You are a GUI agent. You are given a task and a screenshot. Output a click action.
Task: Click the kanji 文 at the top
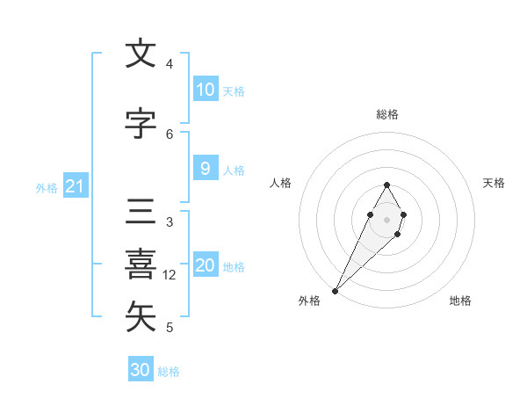[141, 54]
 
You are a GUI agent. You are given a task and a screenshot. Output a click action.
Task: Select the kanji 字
[141, 125]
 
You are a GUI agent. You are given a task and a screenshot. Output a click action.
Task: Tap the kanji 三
[141, 214]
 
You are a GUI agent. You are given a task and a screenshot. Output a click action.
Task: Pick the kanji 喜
[141, 265]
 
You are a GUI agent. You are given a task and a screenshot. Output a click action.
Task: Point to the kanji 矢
[141, 317]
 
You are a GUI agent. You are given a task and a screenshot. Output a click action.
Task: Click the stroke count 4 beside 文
[170, 64]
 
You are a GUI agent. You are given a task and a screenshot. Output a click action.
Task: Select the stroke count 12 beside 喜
[170, 275]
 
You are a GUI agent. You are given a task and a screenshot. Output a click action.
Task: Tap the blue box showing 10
[206, 90]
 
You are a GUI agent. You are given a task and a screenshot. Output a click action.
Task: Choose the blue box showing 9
[206, 170]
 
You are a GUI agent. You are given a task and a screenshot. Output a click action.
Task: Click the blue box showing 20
[206, 266]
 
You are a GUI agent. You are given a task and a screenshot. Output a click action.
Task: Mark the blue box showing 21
[74, 186]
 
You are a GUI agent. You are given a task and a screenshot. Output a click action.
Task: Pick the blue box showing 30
[141, 370]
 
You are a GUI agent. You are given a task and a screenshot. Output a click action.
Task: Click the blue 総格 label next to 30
[170, 372]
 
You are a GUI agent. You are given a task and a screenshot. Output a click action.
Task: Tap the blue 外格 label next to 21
[47, 187]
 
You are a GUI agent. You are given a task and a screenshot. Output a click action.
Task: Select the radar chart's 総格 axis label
[387, 114]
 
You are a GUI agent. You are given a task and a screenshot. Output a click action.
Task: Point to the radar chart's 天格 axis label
[495, 183]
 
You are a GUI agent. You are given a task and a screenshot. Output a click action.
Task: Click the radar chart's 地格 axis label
[460, 301]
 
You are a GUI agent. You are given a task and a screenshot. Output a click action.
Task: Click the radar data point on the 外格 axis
[335, 290]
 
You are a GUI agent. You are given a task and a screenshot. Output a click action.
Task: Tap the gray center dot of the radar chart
[386, 217]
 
